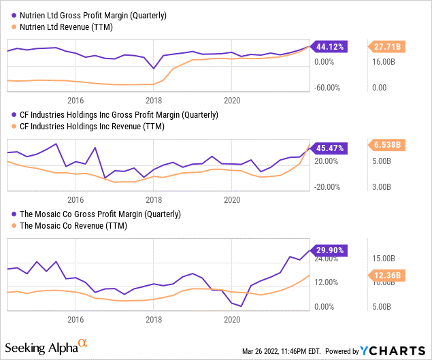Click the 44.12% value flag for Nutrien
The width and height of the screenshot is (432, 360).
coord(329,47)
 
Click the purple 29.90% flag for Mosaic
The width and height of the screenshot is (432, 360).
coord(329,250)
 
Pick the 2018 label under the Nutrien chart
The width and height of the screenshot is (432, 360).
coord(154,97)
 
